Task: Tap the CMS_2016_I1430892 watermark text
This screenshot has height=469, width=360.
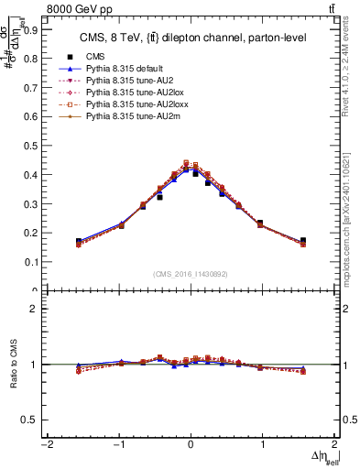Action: (x=190, y=274)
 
